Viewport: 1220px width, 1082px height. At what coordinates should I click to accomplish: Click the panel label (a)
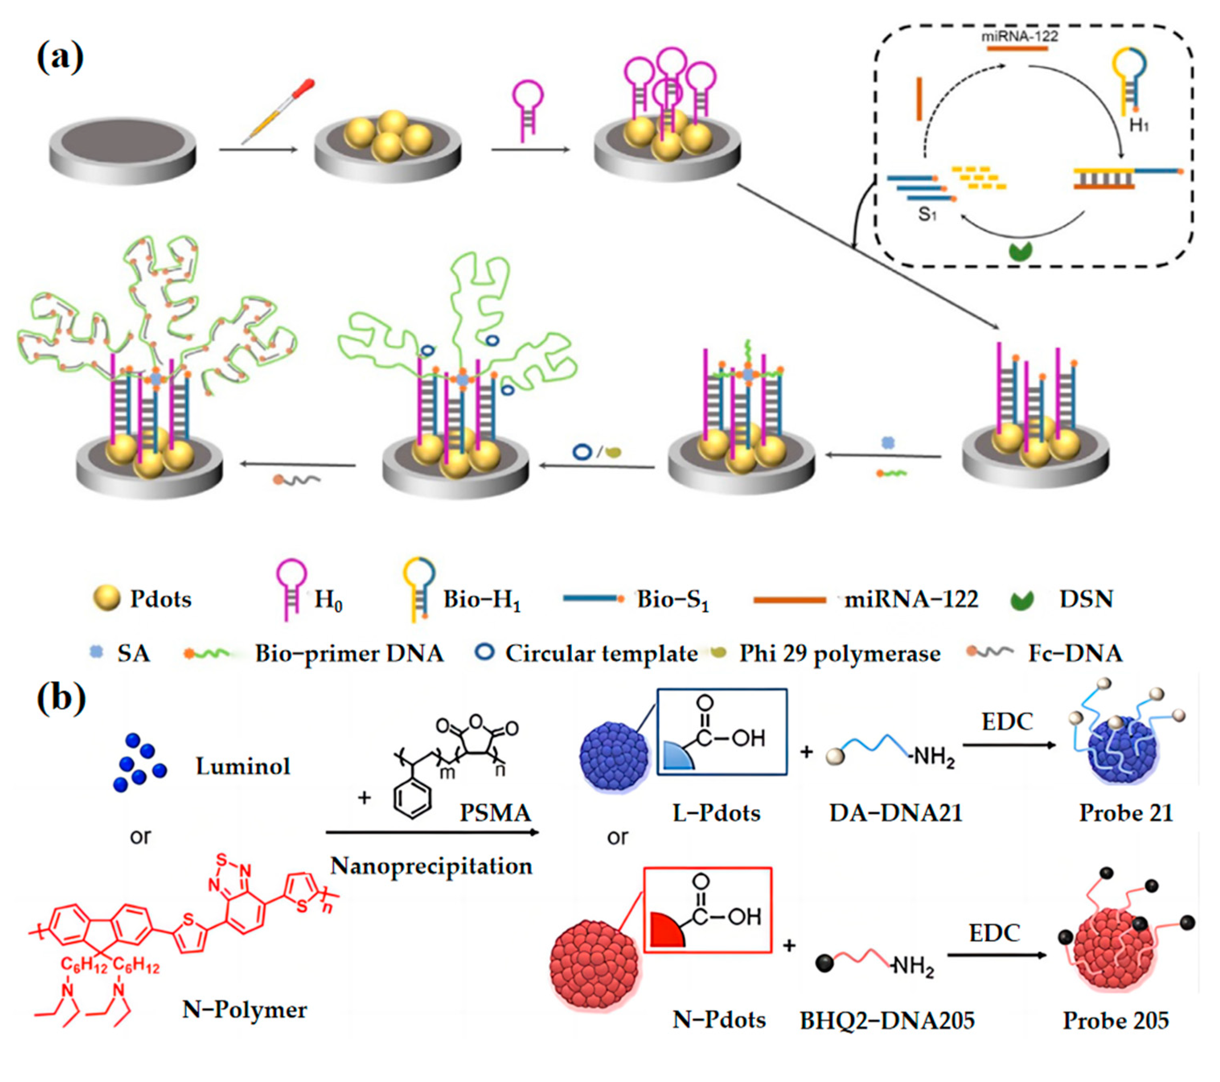tap(59, 58)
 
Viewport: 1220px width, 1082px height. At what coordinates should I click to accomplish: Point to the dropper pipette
tap(277, 112)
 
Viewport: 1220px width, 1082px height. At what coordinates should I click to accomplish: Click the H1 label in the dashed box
tap(1139, 126)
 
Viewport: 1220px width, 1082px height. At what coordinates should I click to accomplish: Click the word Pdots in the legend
tap(160, 599)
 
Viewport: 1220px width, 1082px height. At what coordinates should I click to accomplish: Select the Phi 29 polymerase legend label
tap(840, 654)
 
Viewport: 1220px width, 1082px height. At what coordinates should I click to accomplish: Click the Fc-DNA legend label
tap(1075, 654)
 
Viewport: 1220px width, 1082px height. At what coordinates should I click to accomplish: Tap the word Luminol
tap(243, 766)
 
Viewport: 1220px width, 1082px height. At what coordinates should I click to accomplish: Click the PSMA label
tap(495, 813)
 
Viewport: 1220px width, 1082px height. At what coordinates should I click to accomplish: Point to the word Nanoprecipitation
tap(431, 866)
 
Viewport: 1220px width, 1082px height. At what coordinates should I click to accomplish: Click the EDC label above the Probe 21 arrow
tap(1007, 722)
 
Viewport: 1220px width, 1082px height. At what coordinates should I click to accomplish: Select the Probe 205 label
tap(1115, 1020)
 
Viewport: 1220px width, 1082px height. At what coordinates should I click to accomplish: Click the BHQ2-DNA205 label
tap(887, 1020)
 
